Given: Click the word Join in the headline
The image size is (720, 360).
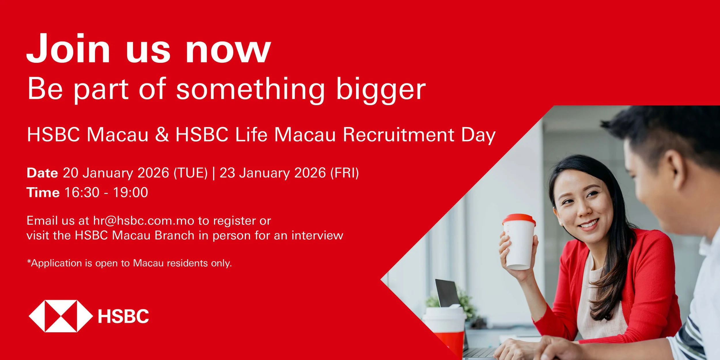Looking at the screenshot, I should point(68,48).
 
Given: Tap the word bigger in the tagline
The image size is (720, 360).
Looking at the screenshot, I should point(381,89).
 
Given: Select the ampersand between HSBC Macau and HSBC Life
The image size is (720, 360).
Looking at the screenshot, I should point(162,134).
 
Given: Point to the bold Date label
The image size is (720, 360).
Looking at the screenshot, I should point(42,173).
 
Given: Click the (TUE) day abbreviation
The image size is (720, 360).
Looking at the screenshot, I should point(190,173).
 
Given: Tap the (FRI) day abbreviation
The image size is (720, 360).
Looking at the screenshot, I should point(344,173).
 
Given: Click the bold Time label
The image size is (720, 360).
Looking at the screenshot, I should point(43,192).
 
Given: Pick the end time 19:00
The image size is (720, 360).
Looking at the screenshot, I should point(130,192).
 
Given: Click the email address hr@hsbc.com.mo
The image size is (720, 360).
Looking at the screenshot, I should point(144,221).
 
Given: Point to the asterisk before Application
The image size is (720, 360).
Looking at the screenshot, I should point(29,261).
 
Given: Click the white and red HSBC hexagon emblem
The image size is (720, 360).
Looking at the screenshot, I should point(61,316).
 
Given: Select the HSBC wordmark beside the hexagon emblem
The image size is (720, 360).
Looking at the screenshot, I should point(123,316).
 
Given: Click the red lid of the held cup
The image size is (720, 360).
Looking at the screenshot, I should point(519,219).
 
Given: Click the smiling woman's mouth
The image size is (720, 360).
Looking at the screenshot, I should point(589,224).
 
